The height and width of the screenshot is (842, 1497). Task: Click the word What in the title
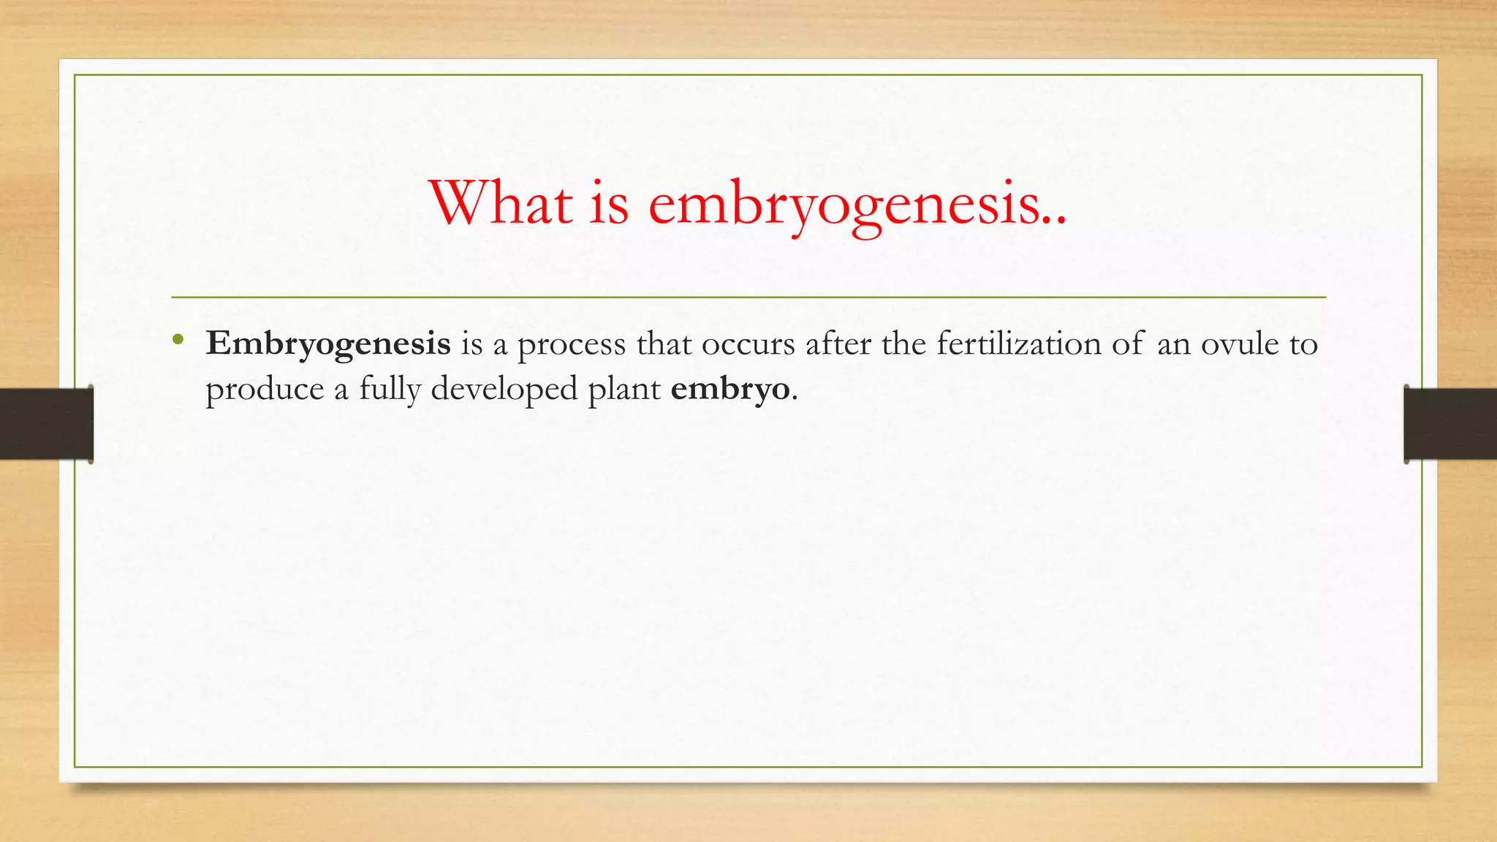[x=501, y=203]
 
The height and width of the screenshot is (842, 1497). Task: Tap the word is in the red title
[x=608, y=203]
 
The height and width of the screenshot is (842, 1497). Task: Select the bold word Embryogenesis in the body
[x=328, y=344]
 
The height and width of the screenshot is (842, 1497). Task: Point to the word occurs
[x=748, y=344]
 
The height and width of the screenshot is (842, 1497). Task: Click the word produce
[x=265, y=390]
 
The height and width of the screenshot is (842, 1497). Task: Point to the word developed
[x=504, y=390]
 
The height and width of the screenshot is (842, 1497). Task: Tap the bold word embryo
[x=730, y=390]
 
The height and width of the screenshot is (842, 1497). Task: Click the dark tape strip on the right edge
[x=1450, y=424]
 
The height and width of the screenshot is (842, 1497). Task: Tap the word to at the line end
[x=1303, y=344]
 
